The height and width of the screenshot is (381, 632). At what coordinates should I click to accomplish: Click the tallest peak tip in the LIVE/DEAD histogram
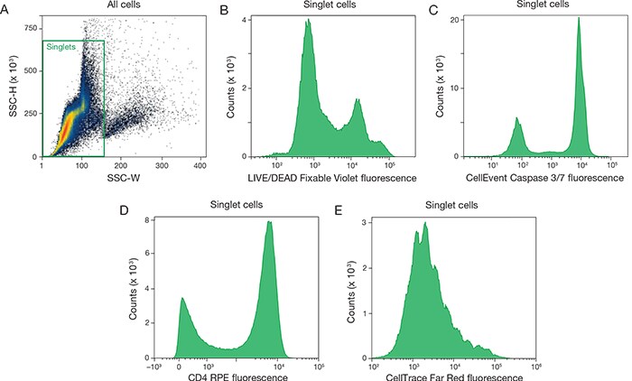tap(308, 21)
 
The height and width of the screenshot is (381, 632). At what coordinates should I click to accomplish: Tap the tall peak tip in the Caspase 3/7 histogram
tap(578, 18)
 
